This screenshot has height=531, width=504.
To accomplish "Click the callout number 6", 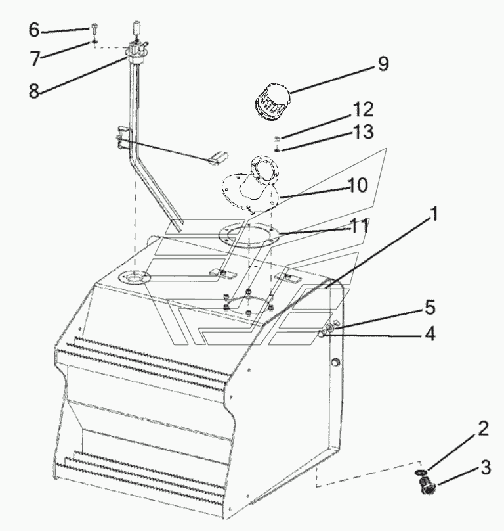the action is click(34, 30).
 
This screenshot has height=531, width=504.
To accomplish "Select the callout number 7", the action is click(35, 58).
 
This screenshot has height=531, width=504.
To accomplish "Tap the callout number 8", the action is click(34, 91).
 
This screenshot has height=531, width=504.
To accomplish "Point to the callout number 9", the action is click(383, 64).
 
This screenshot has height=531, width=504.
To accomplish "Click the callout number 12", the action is click(364, 109).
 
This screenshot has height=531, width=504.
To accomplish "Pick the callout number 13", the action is click(364, 131).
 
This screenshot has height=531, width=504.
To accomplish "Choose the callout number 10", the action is click(357, 185).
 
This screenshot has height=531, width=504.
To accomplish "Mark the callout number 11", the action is click(359, 226).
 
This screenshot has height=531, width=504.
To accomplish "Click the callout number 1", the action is click(433, 214).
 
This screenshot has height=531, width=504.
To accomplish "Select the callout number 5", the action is click(430, 308).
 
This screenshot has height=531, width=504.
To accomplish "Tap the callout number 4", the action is click(430, 334).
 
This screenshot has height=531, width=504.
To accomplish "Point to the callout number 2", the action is click(483, 428).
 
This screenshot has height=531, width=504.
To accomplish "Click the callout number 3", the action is click(486, 468).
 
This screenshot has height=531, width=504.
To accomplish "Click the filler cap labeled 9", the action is click(272, 101).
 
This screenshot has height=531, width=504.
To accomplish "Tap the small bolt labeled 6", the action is click(94, 28).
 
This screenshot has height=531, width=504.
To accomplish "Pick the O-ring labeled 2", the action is click(421, 472).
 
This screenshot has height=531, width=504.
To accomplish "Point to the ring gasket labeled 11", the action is click(249, 235).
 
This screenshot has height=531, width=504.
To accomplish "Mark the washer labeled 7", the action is click(94, 42).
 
